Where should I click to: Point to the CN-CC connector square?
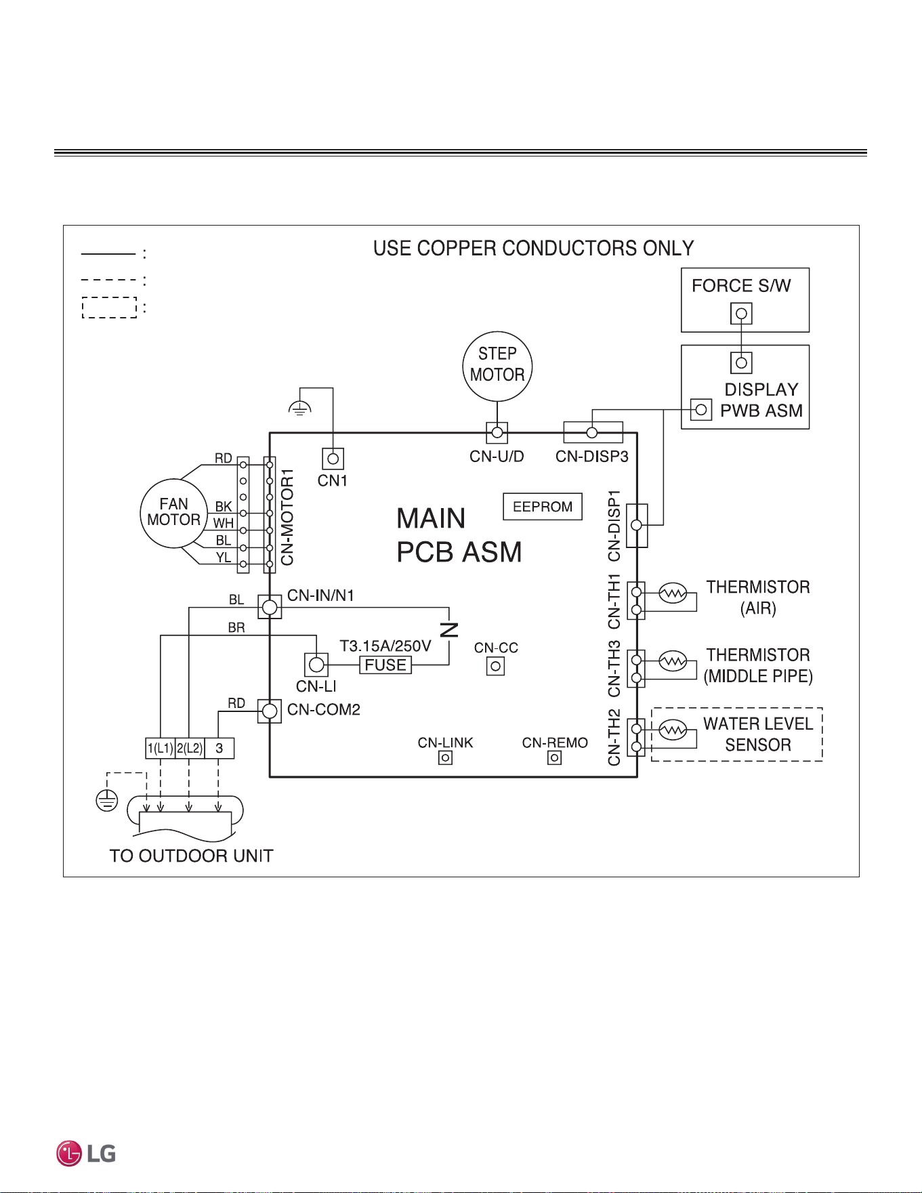(496, 667)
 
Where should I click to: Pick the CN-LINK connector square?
(445, 758)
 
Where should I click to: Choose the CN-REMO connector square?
(554, 758)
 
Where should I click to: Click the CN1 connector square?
(333, 459)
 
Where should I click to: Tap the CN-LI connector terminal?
(316, 665)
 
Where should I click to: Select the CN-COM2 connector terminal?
(270, 711)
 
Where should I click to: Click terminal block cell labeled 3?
(219, 749)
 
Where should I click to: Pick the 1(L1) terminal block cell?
(161, 749)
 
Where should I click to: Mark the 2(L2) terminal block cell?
(190, 749)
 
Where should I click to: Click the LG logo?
(86, 1154)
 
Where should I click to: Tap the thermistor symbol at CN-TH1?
(673, 594)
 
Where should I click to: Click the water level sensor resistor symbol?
(673, 730)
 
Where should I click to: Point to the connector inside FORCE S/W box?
(742, 314)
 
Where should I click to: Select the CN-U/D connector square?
(497, 432)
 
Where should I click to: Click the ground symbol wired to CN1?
(300, 408)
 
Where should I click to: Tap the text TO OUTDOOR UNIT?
(192, 856)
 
